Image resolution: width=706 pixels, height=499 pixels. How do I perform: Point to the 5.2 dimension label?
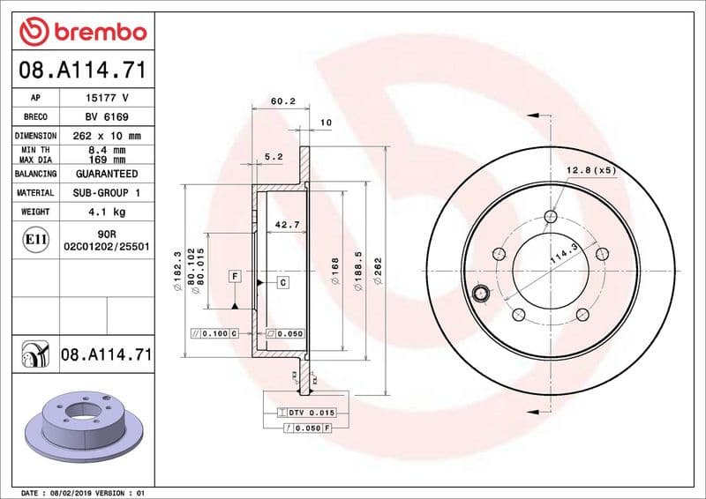274,157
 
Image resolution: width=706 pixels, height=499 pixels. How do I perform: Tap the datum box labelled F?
235,277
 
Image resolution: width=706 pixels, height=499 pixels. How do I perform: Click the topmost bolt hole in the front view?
552,217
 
